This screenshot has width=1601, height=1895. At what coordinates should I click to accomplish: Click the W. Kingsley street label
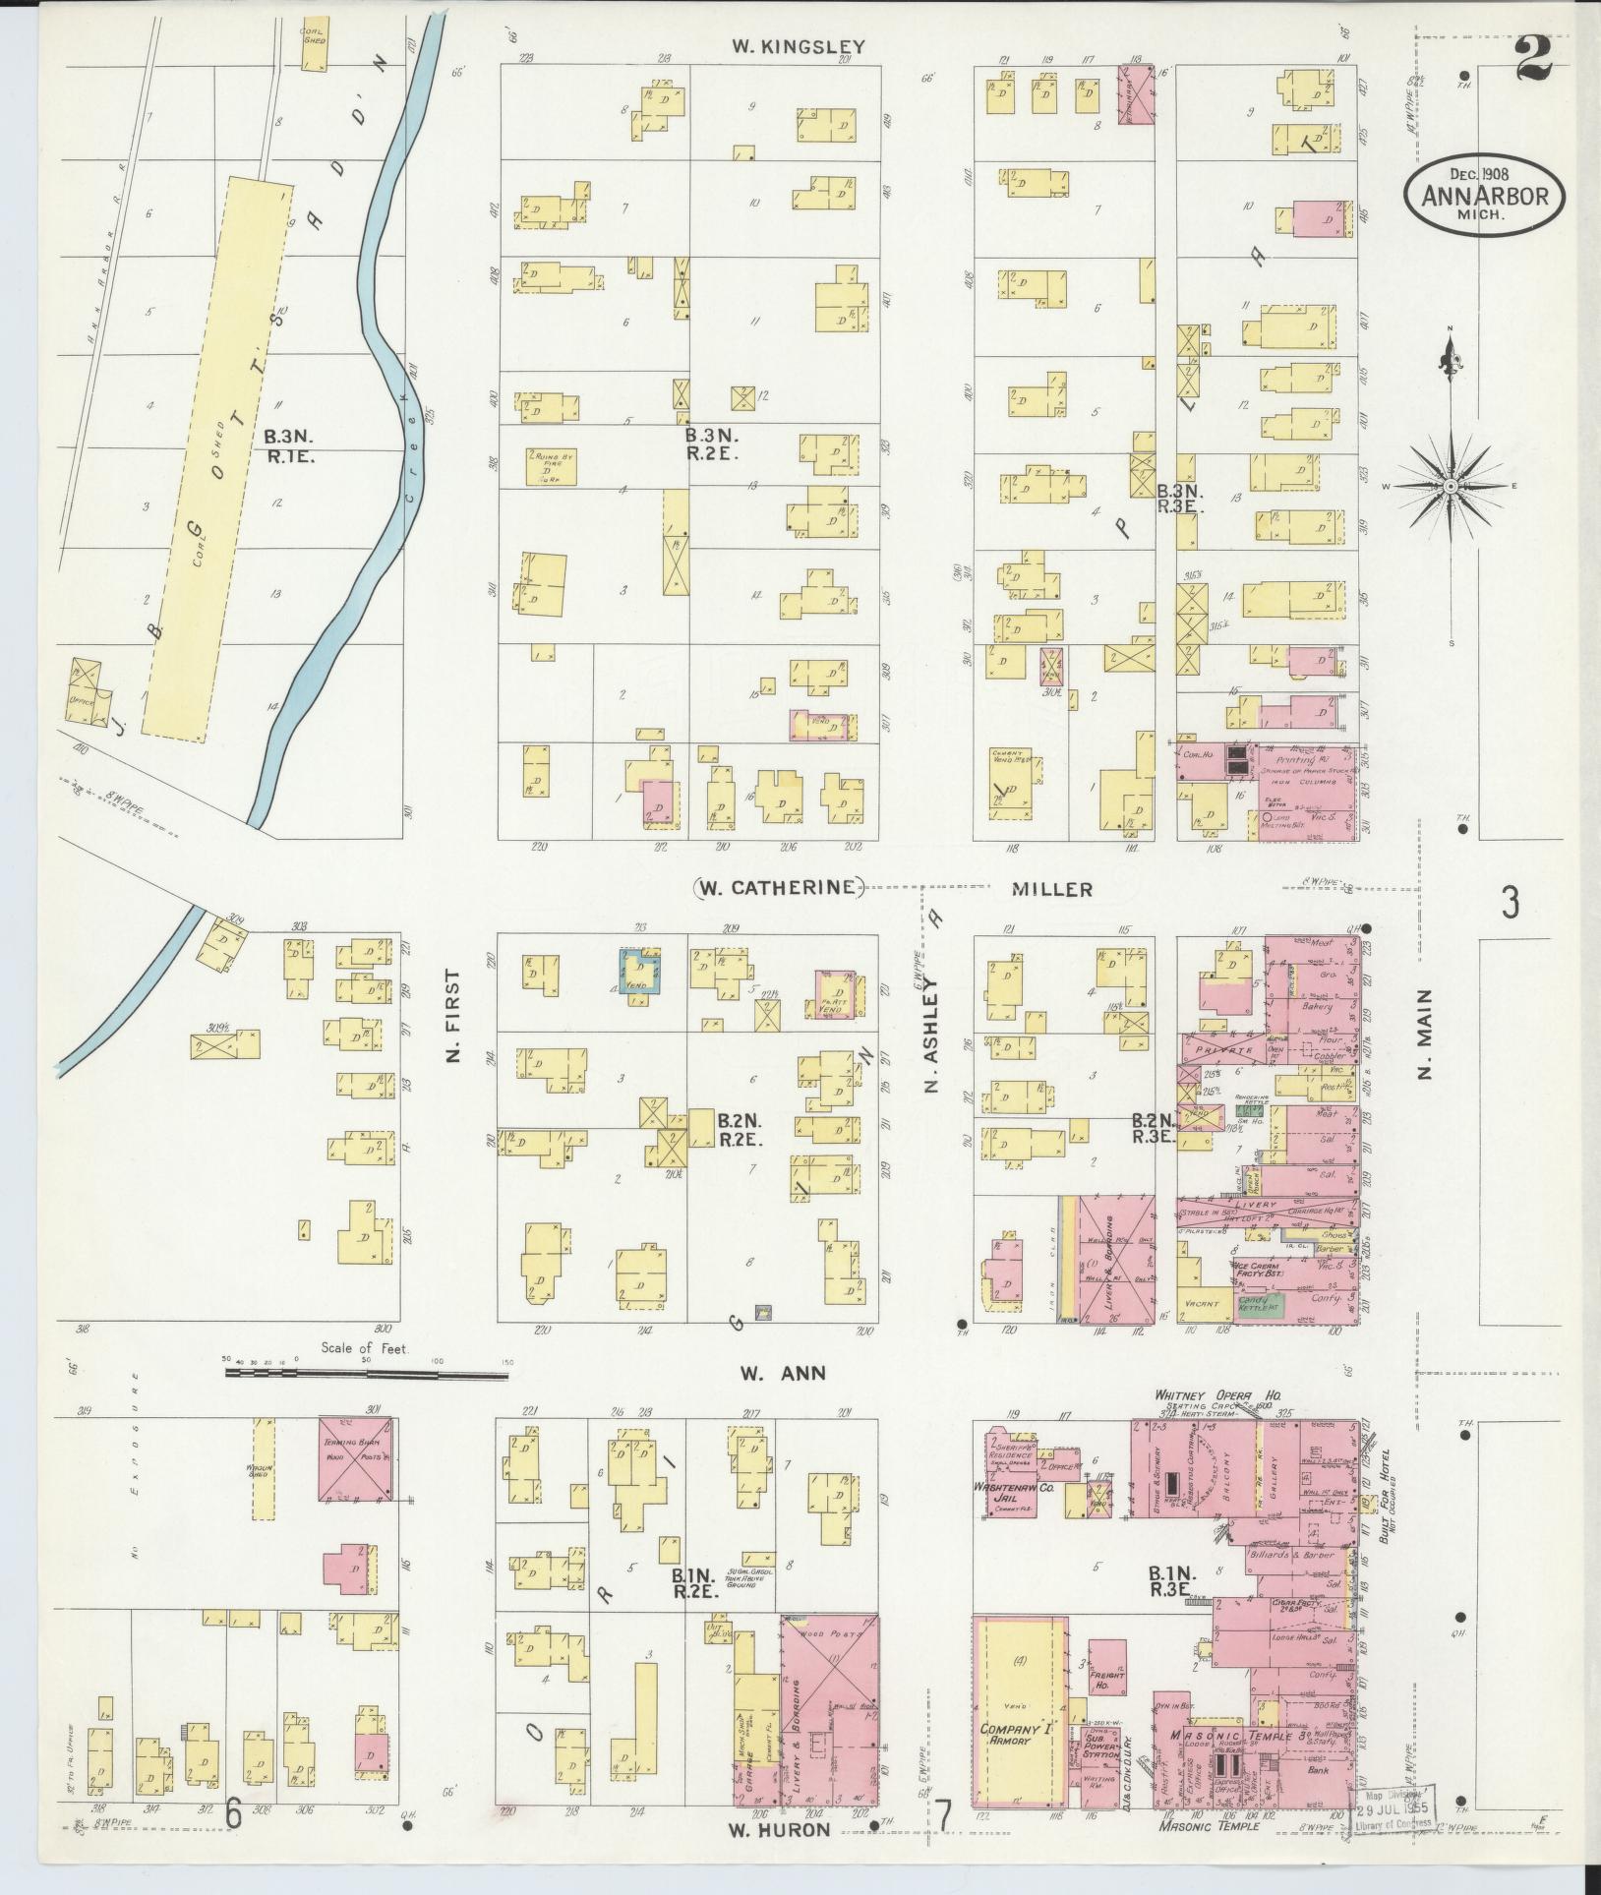tap(798, 46)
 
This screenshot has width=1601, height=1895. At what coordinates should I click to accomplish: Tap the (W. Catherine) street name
tap(778, 888)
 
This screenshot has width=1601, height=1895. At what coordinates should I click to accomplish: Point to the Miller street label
tap(1051, 889)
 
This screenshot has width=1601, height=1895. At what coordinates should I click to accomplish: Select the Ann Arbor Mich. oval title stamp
tap(1484, 194)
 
